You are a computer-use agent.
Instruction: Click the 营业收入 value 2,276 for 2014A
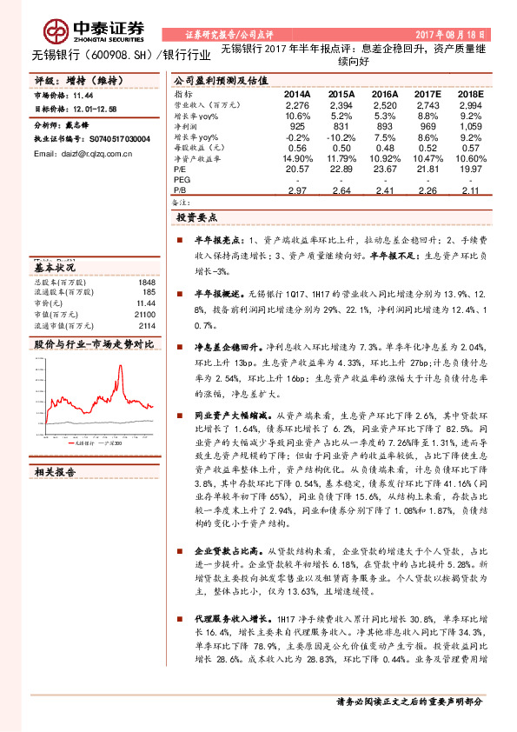[296, 104]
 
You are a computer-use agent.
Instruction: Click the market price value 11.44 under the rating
[83, 96]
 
